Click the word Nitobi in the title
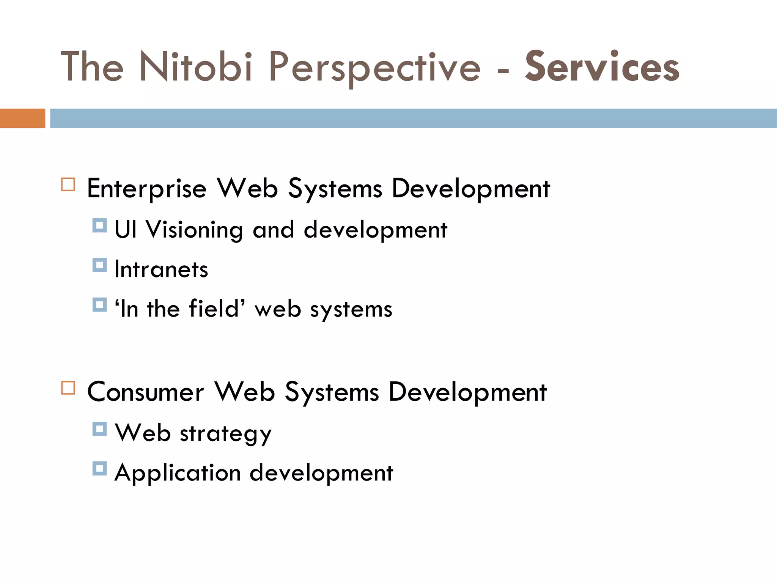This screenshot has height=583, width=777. (x=196, y=67)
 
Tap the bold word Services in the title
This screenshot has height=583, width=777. (x=602, y=67)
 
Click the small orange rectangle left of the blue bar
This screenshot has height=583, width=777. (x=22, y=118)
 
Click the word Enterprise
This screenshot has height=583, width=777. (x=146, y=189)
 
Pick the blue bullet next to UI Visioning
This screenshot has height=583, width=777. (x=99, y=225)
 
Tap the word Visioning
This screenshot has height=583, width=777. (x=194, y=230)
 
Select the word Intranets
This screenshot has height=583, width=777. (x=161, y=269)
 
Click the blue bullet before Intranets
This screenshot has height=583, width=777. (x=99, y=265)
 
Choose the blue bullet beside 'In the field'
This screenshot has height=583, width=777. (x=99, y=304)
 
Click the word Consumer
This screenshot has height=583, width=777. (x=145, y=392)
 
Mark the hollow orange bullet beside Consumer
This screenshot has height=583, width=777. (x=68, y=388)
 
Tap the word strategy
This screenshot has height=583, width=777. (x=226, y=433)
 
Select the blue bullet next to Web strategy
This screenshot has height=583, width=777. (x=99, y=429)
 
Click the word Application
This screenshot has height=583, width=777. (x=178, y=473)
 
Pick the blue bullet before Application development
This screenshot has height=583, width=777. (x=99, y=468)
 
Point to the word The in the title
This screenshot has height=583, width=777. (x=92, y=67)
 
